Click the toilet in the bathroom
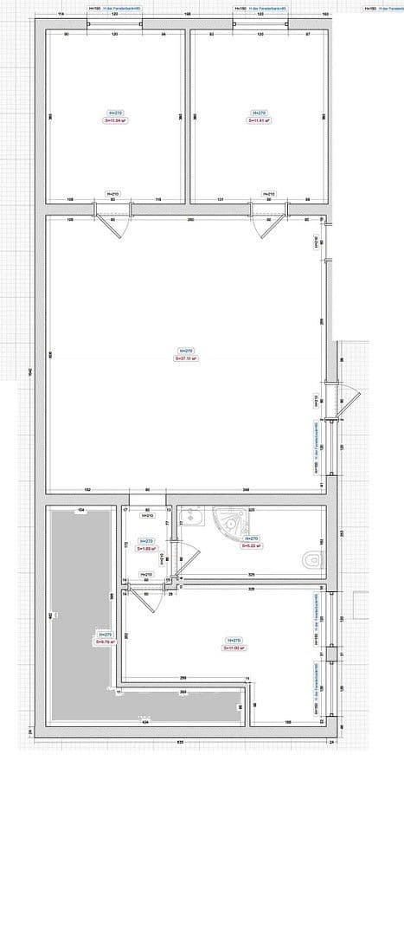pos(311,561)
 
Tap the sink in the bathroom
pos(191,519)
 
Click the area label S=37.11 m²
pos(187,357)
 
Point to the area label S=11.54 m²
pos(114,120)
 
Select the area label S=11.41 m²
pos(259,120)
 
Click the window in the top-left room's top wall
pos(115,24)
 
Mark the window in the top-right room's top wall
pos(260,24)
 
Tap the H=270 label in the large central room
pos(187,351)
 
